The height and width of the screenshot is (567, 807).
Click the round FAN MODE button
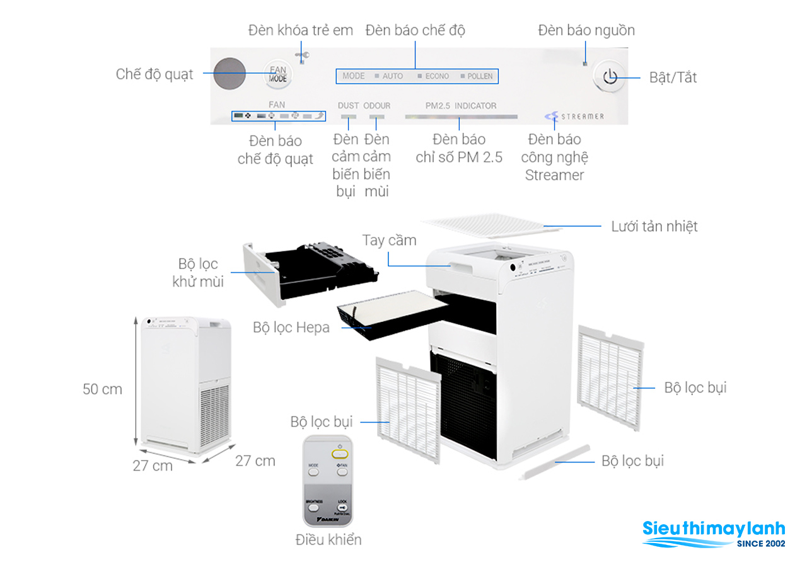277,74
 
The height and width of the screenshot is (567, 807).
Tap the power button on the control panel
610,77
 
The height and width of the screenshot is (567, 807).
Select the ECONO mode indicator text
437,76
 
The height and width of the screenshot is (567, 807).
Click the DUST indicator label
349,106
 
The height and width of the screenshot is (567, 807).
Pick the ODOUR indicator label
377,106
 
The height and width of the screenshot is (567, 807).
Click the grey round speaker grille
228,74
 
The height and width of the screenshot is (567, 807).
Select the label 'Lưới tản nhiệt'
654,226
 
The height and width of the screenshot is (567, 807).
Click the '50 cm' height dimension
102,389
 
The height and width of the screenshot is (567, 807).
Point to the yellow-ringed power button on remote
339,454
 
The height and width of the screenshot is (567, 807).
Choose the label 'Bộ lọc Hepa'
291,328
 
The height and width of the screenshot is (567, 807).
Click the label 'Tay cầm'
389,241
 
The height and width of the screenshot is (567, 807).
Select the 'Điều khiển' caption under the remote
328,540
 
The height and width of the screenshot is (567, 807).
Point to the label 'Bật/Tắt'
673,77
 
